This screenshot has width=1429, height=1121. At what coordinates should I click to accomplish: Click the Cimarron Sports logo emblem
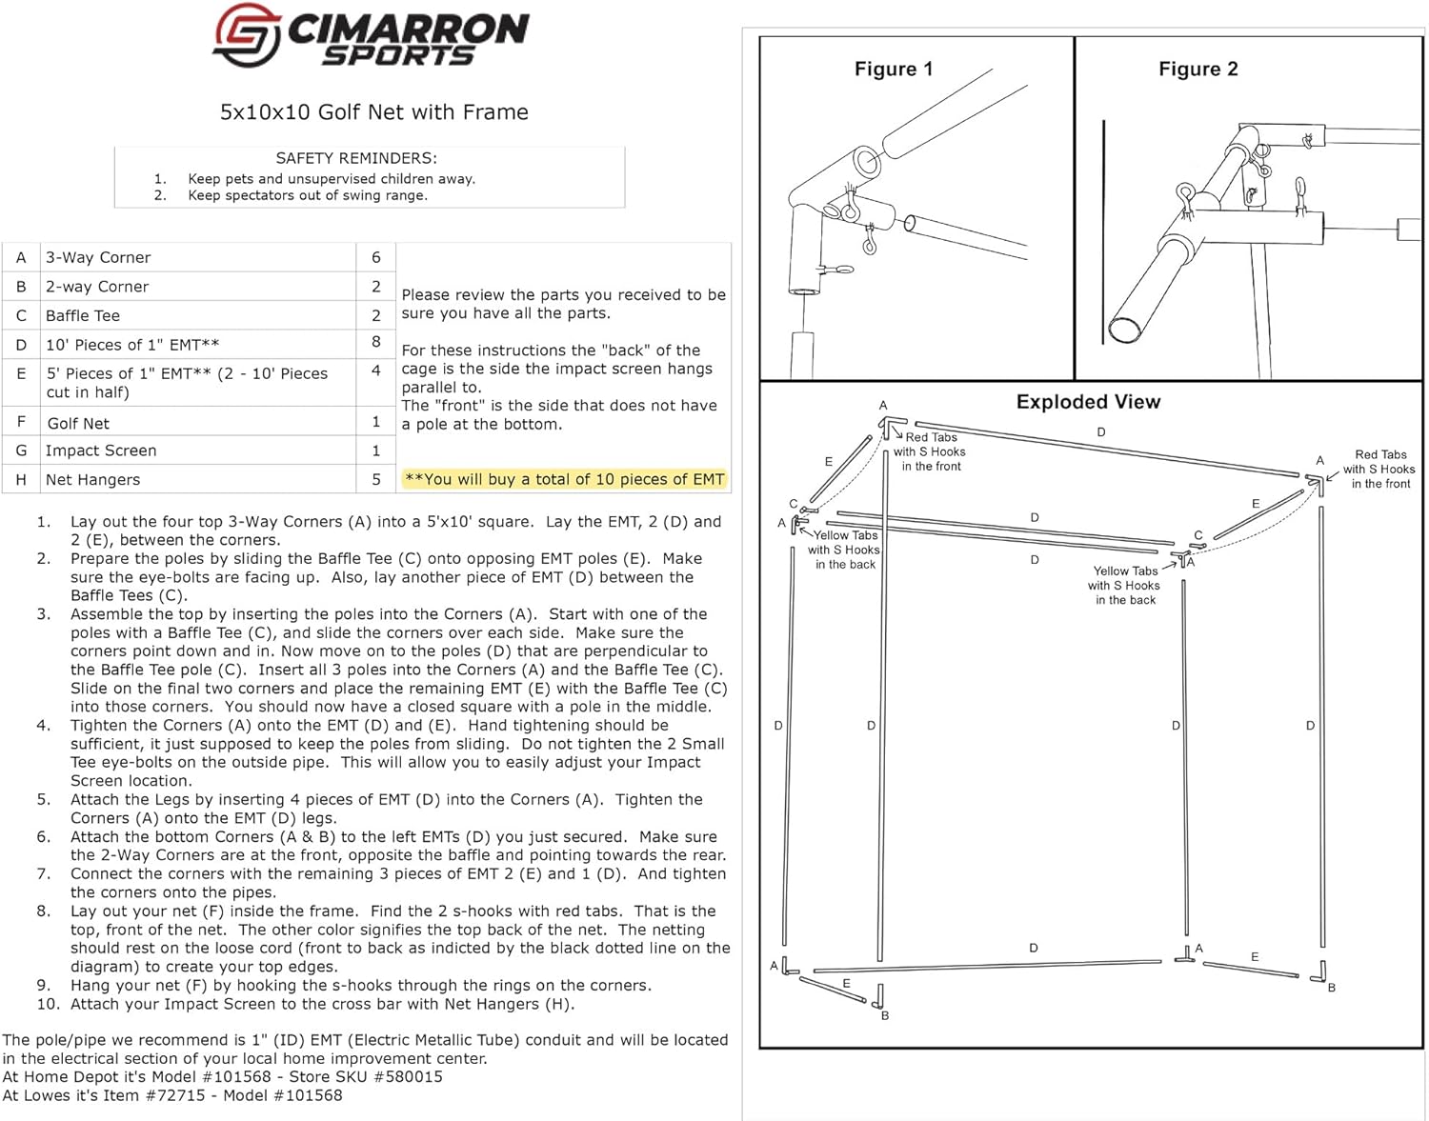click(246, 36)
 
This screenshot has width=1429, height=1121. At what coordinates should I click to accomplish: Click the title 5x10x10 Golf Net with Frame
click(373, 112)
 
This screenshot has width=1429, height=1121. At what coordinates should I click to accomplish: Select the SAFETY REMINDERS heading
click(356, 158)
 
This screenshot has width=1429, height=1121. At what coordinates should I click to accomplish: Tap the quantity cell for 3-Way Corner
click(376, 257)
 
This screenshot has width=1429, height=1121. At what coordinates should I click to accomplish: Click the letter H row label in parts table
click(21, 479)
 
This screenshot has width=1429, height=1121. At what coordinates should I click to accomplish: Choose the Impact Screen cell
click(101, 450)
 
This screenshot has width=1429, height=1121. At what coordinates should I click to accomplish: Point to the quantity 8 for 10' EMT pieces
click(376, 342)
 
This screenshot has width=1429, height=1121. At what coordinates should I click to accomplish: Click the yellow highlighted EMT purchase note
click(565, 479)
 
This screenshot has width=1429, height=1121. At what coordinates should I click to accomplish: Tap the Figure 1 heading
click(894, 69)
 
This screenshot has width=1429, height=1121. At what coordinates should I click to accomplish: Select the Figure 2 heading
click(1198, 69)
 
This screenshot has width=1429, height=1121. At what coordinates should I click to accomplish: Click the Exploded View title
click(1088, 402)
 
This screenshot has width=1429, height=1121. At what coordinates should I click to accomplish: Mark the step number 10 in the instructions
click(49, 1004)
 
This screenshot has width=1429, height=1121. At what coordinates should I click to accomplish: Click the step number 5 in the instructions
click(44, 800)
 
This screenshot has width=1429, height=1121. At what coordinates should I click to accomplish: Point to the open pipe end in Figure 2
click(1125, 329)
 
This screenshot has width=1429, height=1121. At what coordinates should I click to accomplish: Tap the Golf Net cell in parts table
click(78, 423)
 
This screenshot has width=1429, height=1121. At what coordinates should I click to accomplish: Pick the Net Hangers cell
click(92, 479)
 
